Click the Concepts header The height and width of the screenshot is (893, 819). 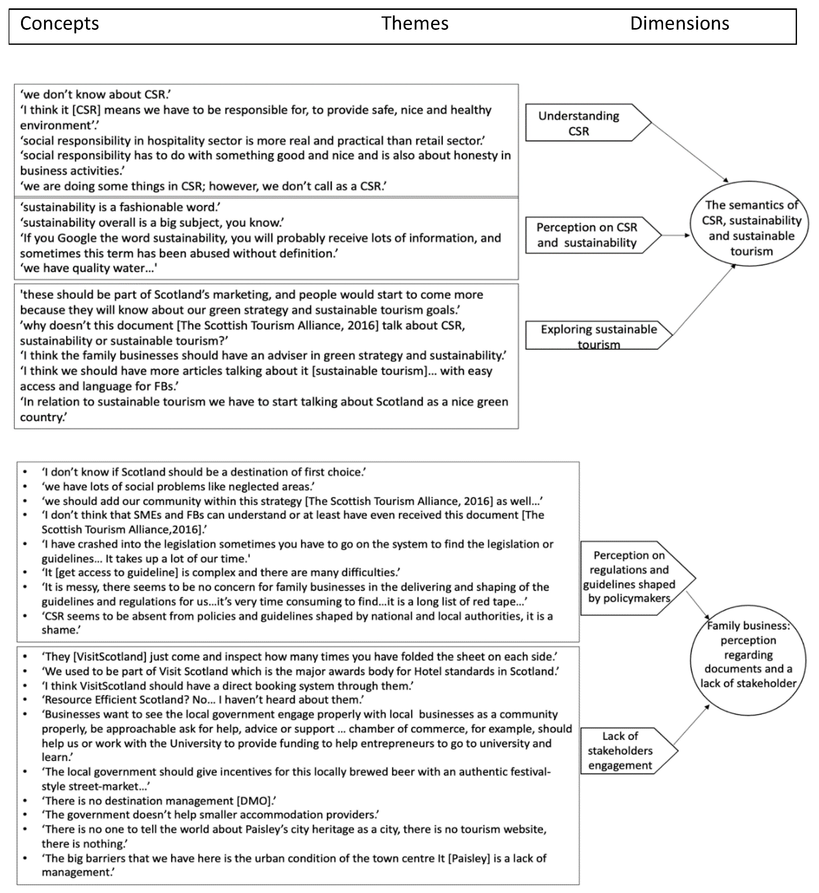coord(59,24)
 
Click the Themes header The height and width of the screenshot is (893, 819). coord(415,24)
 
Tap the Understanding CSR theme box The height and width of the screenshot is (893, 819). coord(579,123)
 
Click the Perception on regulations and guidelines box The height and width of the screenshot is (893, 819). coord(629,577)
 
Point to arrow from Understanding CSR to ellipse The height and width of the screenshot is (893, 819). coord(690,152)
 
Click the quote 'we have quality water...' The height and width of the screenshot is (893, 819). coord(89,268)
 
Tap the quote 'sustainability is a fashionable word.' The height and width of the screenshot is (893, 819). coord(120,207)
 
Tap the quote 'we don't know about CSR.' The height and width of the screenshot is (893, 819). coord(95,94)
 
